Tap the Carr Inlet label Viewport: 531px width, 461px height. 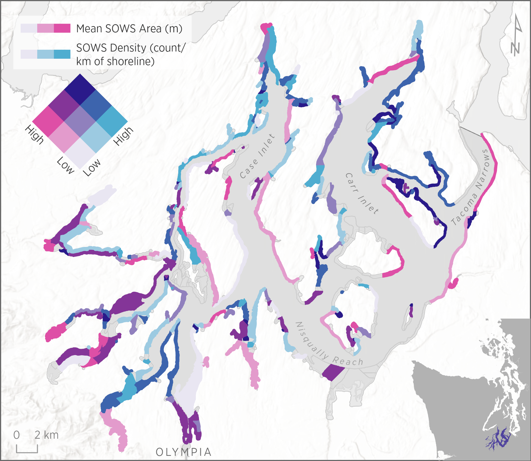tap(361, 193)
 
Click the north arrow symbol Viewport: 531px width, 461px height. tap(516, 35)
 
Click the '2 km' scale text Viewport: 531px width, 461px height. tap(46, 435)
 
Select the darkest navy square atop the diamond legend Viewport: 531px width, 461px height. tap(80, 90)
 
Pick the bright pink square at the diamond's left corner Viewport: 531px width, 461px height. tap(48, 121)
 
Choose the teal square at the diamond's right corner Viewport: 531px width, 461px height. tap(112, 121)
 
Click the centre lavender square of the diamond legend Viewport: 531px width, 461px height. tap(80, 121)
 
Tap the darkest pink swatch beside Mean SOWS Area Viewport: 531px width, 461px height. tap(62, 28)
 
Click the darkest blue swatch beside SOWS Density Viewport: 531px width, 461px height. tap(62, 54)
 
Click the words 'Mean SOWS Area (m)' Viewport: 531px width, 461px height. tap(129, 29)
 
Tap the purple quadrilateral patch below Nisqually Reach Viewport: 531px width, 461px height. tap(333, 373)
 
